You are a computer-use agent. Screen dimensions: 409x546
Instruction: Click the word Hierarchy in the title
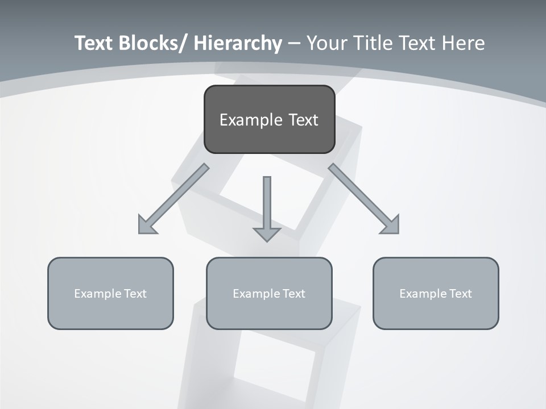(x=238, y=43)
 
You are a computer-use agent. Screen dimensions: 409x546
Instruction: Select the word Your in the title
(x=326, y=43)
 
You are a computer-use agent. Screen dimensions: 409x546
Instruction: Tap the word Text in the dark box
(x=303, y=120)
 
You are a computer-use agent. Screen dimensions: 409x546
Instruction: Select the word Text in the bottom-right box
(x=460, y=294)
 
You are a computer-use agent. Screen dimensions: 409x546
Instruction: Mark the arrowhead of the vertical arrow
(x=267, y=234)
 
